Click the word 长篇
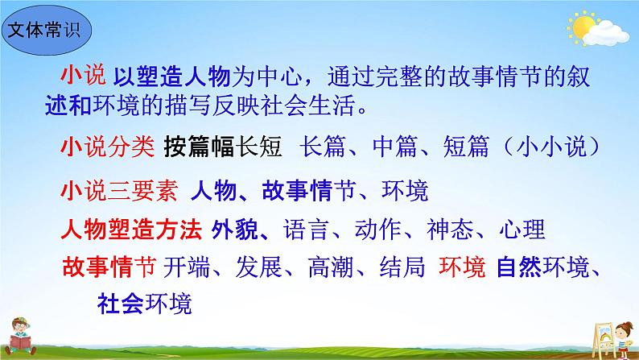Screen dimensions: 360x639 [x=324, y=148]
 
